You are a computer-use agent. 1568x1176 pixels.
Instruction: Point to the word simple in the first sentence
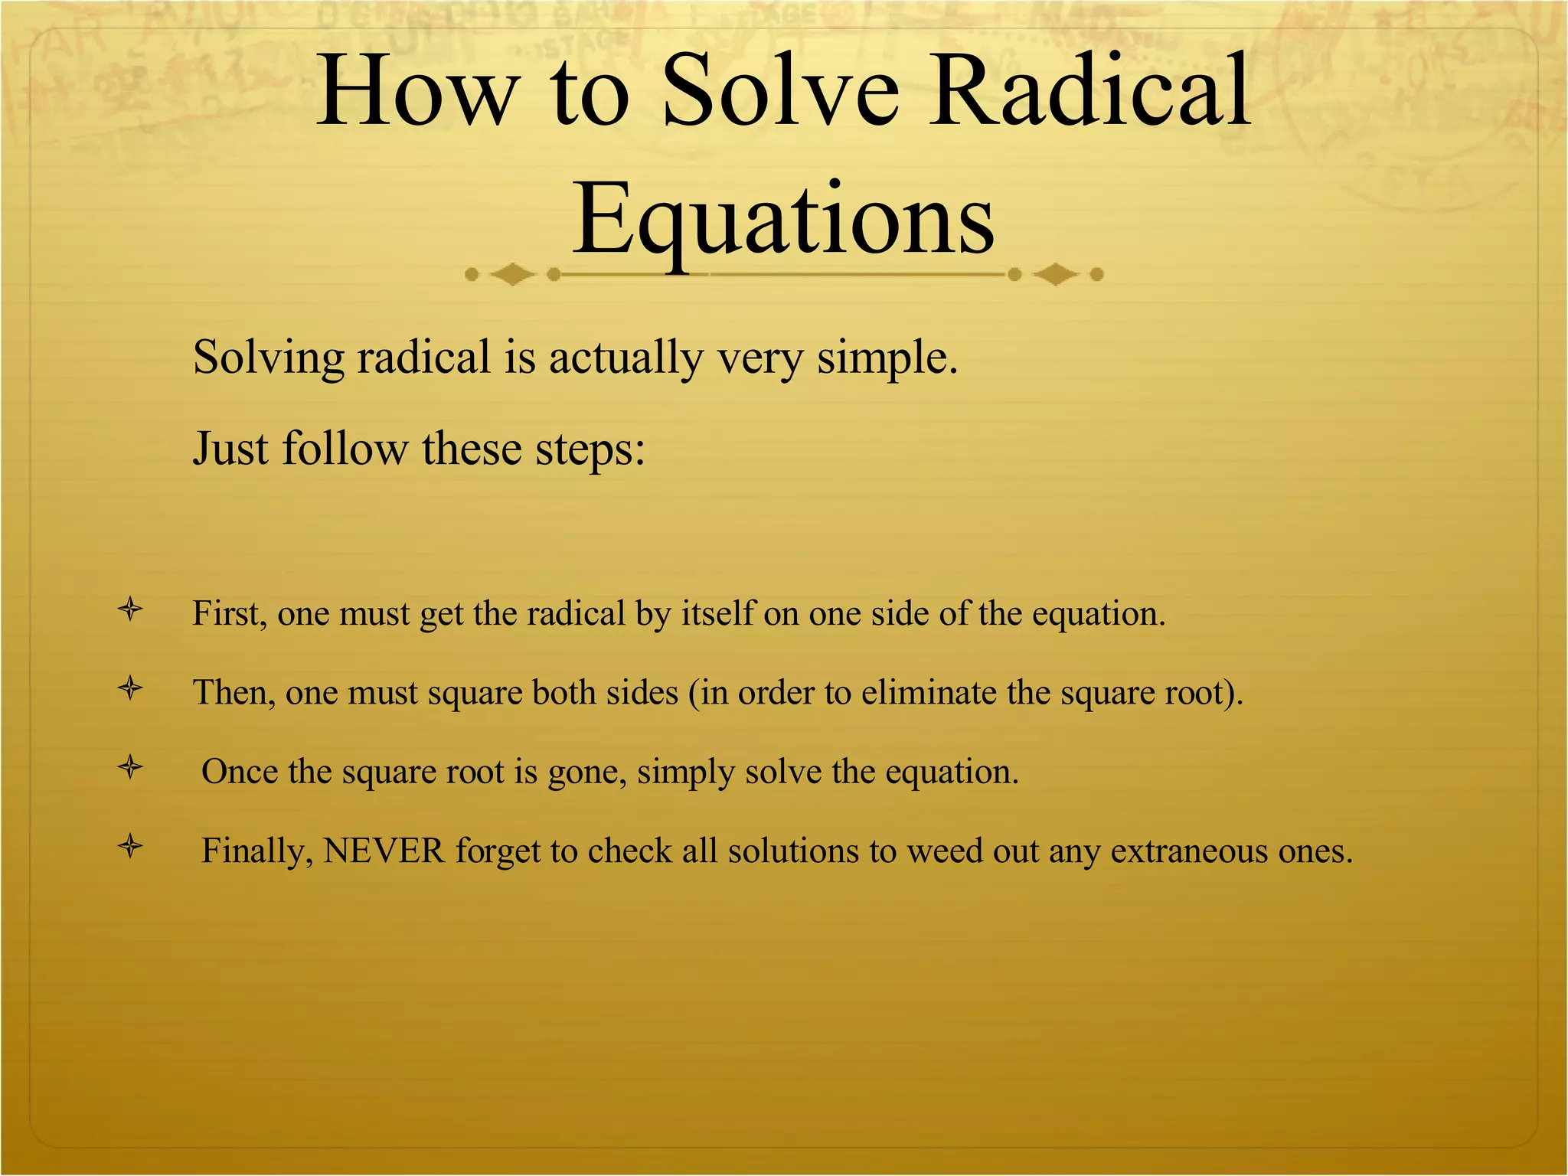pos(886,358)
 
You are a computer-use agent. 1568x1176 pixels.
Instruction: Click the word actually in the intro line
pos(625,358)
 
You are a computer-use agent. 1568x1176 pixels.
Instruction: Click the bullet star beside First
pos(131,610)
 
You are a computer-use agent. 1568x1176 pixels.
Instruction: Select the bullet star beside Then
pos(131,689)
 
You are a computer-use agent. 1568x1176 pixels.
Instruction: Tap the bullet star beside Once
pos(131,767)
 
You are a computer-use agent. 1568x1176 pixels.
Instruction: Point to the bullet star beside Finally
pos(131,847)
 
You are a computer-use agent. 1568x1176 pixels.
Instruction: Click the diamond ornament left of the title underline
pos(512,274)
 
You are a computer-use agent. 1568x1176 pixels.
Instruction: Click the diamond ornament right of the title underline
pos(1055,274)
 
